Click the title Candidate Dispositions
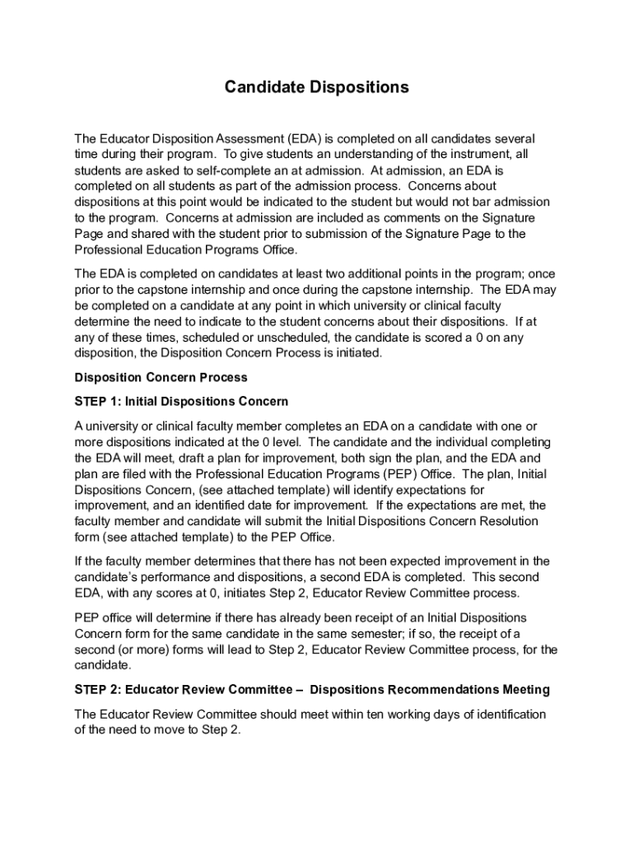tap(317, 87)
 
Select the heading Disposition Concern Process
tap(161, 378)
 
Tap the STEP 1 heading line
tap(181, 402)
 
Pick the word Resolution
tap(485, 521)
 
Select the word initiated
tap(355, 353)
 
